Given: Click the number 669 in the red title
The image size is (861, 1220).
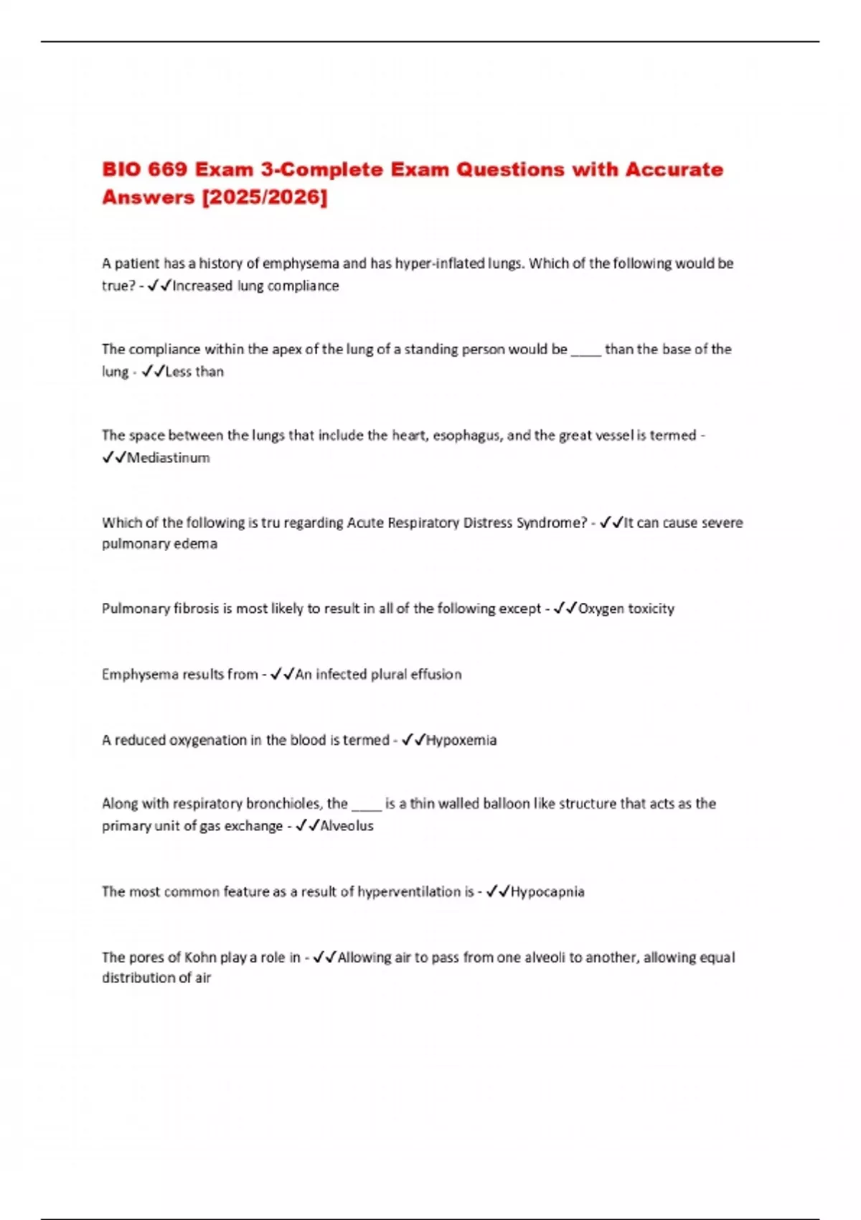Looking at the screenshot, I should [168, 169].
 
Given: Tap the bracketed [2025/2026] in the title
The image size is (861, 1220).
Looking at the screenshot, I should [265, 197].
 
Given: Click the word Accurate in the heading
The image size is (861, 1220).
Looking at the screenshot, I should [674, 169].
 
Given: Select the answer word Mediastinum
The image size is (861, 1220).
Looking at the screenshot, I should [168, 458].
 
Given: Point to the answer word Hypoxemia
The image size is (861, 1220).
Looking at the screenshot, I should [461, 740].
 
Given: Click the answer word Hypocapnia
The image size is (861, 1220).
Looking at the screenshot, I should [547, 891].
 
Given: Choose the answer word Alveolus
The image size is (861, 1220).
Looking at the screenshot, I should [347, 826].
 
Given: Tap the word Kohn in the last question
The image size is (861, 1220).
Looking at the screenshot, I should [200, 957].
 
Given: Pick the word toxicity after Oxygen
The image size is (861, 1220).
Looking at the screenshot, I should [651, 609].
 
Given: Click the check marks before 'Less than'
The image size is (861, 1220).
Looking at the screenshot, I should [153, 372].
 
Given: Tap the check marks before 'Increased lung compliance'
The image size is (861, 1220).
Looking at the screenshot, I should [159, 286].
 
